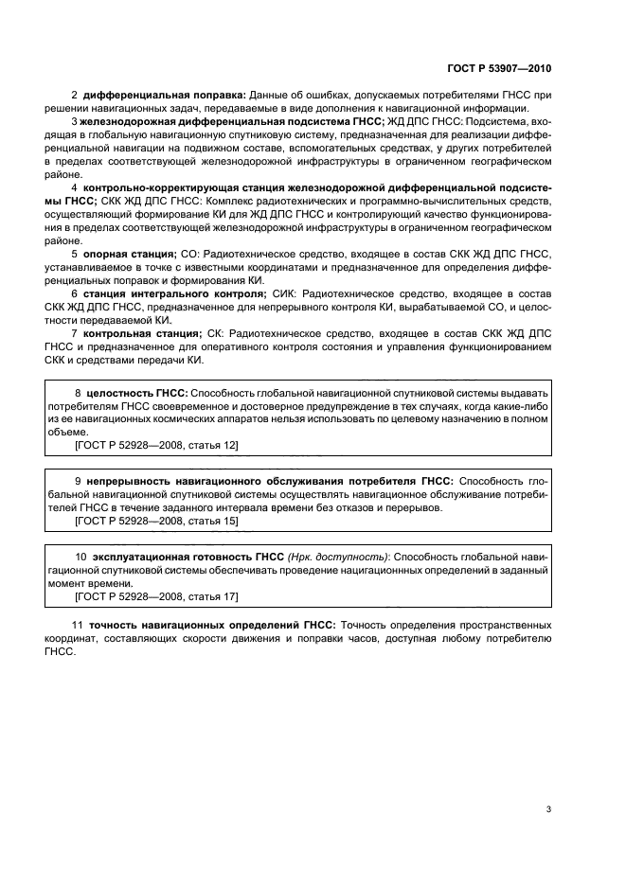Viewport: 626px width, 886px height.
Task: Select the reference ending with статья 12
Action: [x=155, y=444]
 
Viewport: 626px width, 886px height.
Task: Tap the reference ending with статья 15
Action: [x=155, y=522]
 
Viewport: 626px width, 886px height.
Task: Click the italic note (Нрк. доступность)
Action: [x=338, y=558]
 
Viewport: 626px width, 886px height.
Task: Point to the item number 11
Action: [x=78, y=625]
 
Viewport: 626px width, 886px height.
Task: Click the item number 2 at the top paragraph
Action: [x=75, y=96]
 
